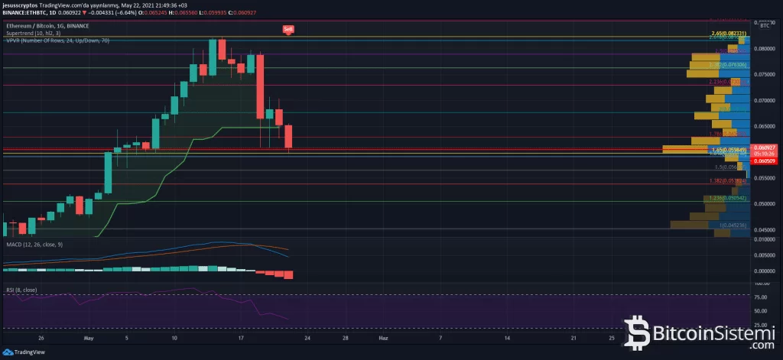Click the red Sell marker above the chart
[x=288, y=30]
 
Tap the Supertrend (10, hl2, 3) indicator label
[x=34, y=34]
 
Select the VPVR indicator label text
[x=57, y=40]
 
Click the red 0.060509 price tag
[x=765, y=161]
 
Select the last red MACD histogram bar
[x=288, y=274]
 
